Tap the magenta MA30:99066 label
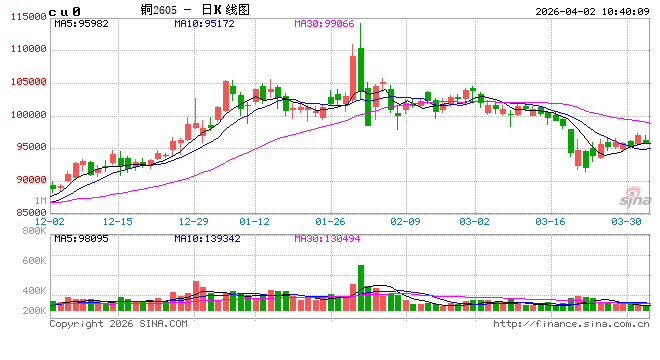[x=327, y=22]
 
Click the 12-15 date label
[x=117, y=221]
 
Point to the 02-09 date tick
[x=404, y=221]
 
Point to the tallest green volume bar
[x=361, y=289]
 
